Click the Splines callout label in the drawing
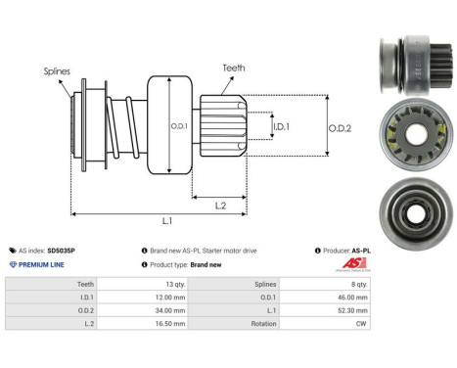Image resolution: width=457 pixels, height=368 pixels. pos(58,71)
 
